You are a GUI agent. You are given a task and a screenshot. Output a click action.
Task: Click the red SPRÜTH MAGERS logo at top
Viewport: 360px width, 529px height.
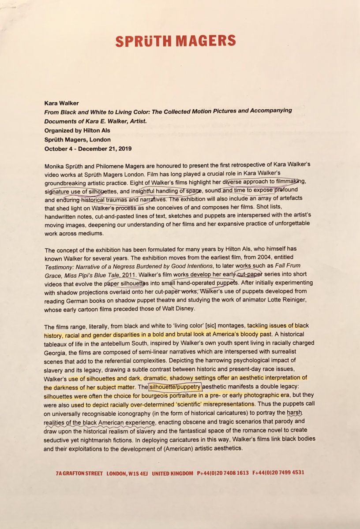tap(176, 41)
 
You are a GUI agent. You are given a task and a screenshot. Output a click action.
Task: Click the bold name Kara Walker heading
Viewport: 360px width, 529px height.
tap(61, 103)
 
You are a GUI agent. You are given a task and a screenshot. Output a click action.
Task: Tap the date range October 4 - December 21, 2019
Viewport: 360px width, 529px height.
tap(88, 148)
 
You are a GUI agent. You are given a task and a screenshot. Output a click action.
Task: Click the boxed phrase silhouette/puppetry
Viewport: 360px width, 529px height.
tap(175, 387)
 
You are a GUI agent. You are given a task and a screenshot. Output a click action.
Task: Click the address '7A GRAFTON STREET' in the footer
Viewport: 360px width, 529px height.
tap(79, 473)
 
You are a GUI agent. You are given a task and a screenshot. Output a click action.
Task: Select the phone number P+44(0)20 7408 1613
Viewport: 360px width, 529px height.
tap(224, 473)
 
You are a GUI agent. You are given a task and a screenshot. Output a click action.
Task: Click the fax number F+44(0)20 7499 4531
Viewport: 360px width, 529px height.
tap(278, 473)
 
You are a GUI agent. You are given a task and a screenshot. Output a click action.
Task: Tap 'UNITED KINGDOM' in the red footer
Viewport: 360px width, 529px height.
tap(172, 473)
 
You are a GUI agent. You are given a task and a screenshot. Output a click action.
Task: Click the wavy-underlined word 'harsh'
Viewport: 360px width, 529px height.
tap(294, 412)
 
